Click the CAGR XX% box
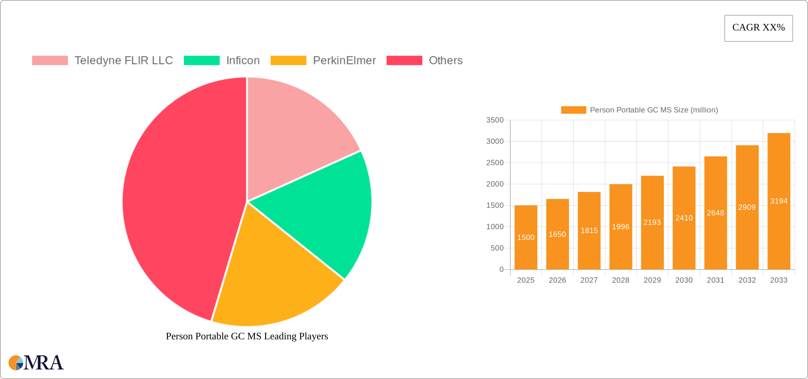758,28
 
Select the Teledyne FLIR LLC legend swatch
50,61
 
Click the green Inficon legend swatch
202,61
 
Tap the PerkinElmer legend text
344,61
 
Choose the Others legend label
445,61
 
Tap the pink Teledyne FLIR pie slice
294,135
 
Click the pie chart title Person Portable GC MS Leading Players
247,336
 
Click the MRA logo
36,363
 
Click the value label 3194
779,201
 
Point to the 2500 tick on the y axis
495,163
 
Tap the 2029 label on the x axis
652,280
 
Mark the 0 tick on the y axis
501,270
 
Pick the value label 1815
589,231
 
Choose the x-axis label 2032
747,280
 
